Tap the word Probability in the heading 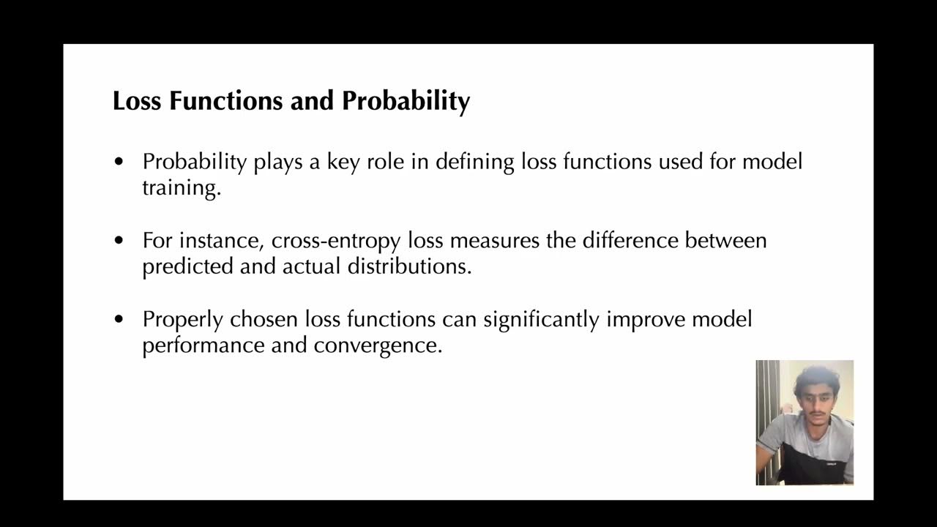(406, 101)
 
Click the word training (181, 187)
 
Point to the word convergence (378, 345)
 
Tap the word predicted (187, 266)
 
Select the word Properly (182, 320)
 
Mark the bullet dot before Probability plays (119, 161)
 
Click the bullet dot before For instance (119, 240)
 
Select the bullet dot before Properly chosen (119, 319)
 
